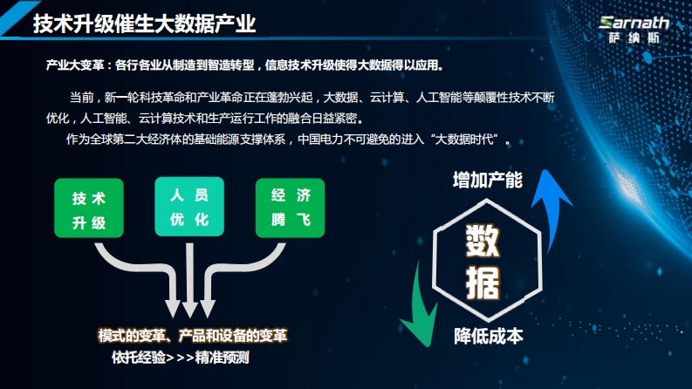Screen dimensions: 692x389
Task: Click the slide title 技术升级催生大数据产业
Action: [144, 23]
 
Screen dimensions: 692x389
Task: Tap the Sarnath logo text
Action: [634, 23]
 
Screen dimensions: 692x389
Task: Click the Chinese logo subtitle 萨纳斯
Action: [634, 38]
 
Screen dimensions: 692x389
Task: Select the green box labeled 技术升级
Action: [89, 208]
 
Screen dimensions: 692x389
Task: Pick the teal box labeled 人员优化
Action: [189, 207]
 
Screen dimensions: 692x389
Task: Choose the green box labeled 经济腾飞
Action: [291, 208]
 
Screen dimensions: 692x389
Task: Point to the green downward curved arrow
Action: [419, 309]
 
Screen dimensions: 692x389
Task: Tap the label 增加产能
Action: [488, 180]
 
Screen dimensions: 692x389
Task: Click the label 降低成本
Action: [489, 336]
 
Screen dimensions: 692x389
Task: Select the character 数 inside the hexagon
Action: [483, 241]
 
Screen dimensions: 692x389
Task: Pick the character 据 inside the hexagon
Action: [483, 283]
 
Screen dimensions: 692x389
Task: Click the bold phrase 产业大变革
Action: [75, 65]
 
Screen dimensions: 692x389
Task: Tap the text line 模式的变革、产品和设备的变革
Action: [193, 336]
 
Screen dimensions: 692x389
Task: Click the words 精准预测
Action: [222, 358]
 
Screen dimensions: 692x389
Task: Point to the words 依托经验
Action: [139, 358]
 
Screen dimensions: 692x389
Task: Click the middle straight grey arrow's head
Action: [189, 309]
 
